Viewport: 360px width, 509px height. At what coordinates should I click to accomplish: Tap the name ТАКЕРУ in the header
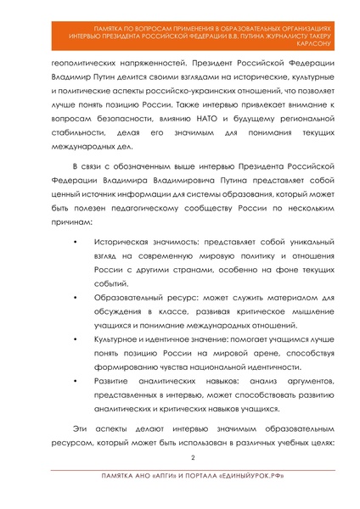point(326,35)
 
